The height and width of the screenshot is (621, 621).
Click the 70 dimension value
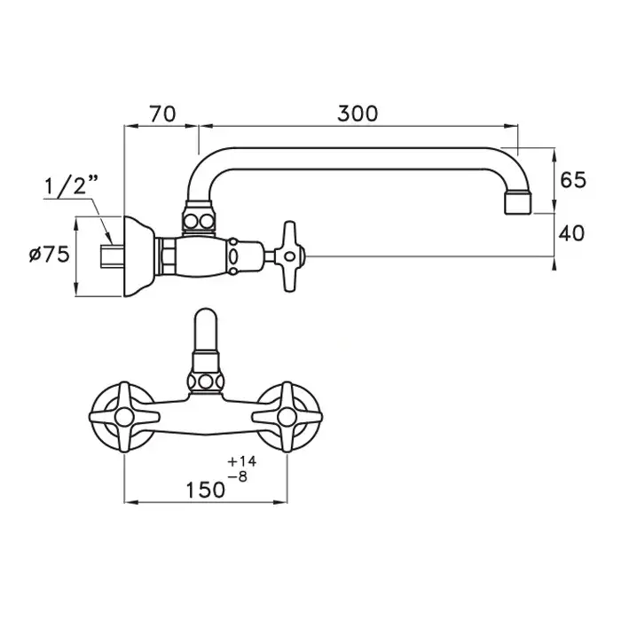[x=162, y=114]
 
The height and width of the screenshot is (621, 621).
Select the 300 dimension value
[x=358, y=114]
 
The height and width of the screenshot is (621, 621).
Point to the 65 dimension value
[x=573, y=180]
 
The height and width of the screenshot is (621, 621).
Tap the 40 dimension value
[x=571, y=233]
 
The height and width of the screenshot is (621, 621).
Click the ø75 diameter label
[x=49, y=254]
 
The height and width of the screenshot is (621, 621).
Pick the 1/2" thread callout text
[x=71, y=185]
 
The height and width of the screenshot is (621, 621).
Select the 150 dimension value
[x=206, y=490]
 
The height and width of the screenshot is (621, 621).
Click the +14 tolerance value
[x=242, y=461]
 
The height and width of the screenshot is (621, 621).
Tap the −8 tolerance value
[x=238, y=476]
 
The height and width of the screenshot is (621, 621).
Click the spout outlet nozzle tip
[x=518, y=203]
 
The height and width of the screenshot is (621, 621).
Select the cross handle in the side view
[x=290, y=256]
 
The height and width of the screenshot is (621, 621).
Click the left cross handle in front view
[x=124, y=417]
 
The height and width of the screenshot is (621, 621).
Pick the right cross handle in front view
[x=287, y=417]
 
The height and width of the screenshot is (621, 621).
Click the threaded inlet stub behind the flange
[x=112, y=256]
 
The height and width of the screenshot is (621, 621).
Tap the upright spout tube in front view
[x=206, y=329]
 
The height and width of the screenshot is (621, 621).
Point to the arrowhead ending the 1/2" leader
[x=108, y=239]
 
